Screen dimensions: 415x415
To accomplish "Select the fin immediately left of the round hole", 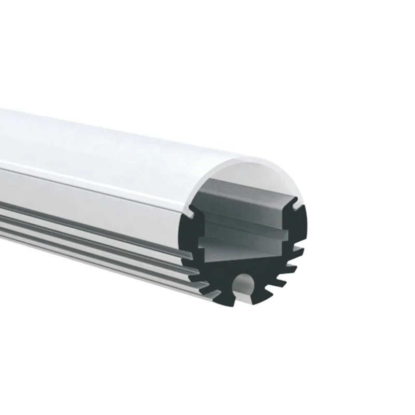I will pos(223,291).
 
